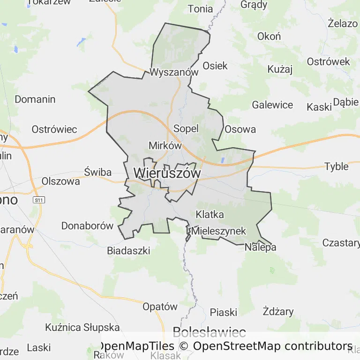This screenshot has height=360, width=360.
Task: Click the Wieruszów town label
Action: click(167, 173)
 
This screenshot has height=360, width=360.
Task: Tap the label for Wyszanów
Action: click(174, 72)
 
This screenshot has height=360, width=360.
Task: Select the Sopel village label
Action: click(186, 128)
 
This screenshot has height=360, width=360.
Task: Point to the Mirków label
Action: click(165, 145)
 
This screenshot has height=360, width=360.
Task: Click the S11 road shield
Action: click(39, 200)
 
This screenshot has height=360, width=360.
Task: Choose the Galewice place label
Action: click(272, 105)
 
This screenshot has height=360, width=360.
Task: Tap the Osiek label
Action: click(215, 66)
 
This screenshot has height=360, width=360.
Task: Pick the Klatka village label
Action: click(210, 215)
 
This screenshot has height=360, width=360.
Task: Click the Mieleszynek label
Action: click(218, 231)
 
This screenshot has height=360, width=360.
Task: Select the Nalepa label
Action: click(260, 247)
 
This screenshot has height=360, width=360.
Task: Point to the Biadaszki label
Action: click(128, 251)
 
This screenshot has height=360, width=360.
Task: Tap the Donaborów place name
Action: click(88, 226)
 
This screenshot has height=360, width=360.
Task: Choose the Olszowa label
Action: click(61, 181)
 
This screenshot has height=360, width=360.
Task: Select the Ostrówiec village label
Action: click(54, 129)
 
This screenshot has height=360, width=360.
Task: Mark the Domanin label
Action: click(35, 99)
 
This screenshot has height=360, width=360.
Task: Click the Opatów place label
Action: click(160, 307)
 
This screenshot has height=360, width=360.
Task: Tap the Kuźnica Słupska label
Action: click(82, 327)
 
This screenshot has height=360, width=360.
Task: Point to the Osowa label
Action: click(240, 129)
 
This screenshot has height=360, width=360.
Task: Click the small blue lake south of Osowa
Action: click(222, 160)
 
